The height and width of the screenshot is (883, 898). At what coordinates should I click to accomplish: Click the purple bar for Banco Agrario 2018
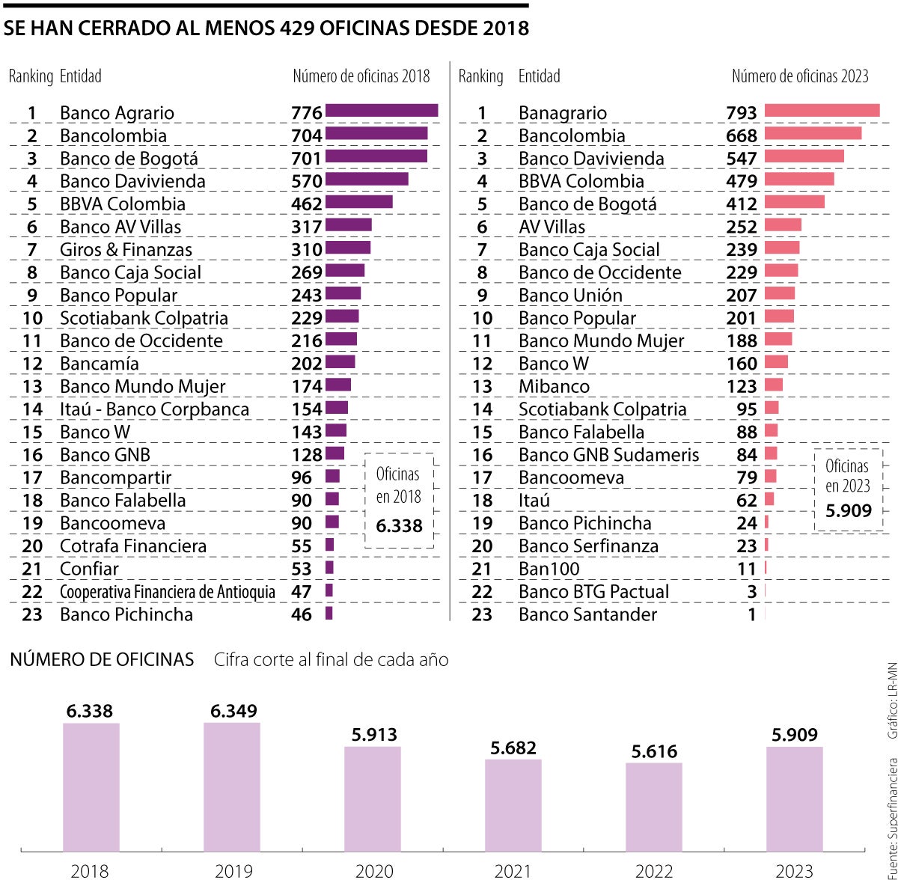[382, 111]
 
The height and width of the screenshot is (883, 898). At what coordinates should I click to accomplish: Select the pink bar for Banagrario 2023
[822, 111]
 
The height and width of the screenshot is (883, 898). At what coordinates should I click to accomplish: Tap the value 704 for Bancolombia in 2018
[307, 135]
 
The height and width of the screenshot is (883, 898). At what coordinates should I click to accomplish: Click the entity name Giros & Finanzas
[126, 250]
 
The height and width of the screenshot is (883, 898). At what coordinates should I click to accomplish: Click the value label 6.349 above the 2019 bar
[233, 711]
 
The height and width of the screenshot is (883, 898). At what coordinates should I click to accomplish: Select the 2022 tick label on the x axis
[653, 871]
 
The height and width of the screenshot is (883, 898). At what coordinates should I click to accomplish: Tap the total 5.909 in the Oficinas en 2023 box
[849, 511]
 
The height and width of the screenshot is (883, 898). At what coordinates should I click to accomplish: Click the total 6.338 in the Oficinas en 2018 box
[399, 526]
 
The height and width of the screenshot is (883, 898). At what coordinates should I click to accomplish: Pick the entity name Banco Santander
[587, 614]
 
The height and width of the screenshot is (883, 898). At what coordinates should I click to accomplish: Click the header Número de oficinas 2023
[799, 76]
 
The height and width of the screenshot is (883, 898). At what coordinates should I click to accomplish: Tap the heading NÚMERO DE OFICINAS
[102, 659]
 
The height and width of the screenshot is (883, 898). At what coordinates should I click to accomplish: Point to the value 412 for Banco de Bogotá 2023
[742, 204]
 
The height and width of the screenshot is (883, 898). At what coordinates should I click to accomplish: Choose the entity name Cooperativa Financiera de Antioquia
[168, 592]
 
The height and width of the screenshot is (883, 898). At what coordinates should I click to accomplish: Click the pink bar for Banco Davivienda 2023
[804, 156]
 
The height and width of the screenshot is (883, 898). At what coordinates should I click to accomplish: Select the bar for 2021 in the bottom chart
[513, 805]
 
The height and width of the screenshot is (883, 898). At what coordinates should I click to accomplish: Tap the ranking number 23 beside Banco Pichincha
[32, 614]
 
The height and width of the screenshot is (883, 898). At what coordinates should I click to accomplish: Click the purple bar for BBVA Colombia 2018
[358, 202]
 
